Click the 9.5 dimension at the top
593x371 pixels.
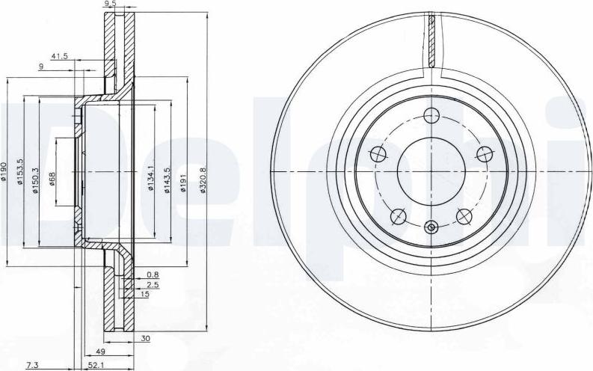click(110, 4)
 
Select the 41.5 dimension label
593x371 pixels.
click(59, 57)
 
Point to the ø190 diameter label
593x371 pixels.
click(4, 172)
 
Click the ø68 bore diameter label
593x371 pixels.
click(52, 180)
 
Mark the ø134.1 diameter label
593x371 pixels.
click(150, 179)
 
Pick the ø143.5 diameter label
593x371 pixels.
click(168, 181)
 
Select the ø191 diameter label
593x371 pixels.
click(183, 183)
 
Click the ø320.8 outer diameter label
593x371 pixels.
click(203, 181)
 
